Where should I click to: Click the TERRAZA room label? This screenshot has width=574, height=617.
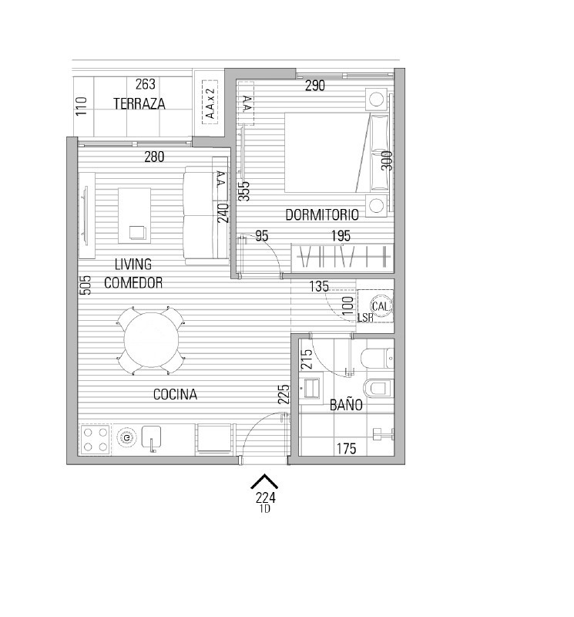[139, 103]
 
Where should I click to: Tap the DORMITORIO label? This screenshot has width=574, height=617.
[322, 215]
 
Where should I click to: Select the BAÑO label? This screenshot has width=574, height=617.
[346, 404]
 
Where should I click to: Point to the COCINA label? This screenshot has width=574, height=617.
[175, 394]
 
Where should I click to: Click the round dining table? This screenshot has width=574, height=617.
[151, 340]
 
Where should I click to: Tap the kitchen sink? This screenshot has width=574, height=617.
[151, 437]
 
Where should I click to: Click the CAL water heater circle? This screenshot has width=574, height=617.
[380, 306]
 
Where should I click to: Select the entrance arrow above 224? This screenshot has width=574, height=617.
[264, 481]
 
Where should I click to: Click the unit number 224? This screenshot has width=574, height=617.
[265, 497]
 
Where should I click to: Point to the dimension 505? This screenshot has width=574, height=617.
[86, 285]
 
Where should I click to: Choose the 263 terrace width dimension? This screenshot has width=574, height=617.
[146, 84]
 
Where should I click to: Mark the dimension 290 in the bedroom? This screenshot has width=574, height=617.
[315, 86]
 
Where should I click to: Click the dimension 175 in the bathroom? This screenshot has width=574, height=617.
[347, 449]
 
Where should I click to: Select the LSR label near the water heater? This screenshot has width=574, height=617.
[365, 318]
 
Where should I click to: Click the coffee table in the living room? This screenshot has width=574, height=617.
[135, 216]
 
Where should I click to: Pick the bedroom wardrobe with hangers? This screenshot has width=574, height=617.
[342, 258]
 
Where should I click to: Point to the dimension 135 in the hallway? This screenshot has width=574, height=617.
[319, 286]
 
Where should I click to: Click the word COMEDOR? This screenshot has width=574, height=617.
[133, 283]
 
